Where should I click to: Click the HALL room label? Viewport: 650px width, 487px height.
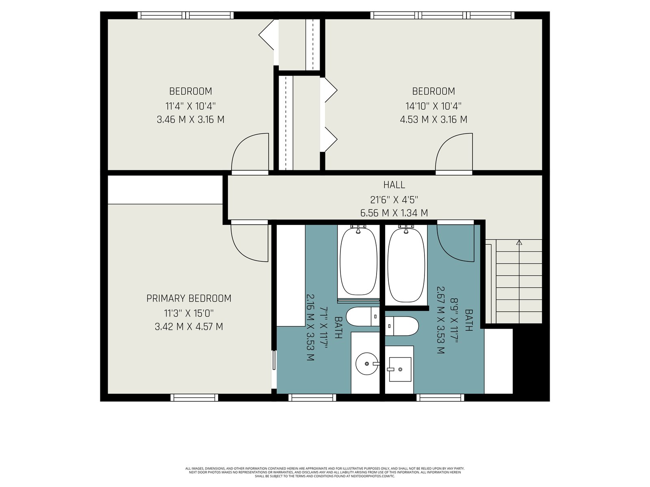coord(394,185)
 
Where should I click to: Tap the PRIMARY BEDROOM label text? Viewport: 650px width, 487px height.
coord(189,298)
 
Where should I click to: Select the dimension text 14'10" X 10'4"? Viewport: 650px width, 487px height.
coord(433,106)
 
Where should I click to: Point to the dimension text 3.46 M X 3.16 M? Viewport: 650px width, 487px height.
coord(191,119)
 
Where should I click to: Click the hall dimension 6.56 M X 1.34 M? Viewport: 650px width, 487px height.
coord(394,213)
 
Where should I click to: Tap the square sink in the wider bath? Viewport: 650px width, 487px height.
coord(400,369)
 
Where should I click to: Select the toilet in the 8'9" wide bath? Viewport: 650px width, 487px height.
coord(402,326)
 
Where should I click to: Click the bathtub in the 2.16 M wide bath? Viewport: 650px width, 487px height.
coord(358,261)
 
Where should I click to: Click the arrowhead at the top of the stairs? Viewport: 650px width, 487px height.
coord(519,242)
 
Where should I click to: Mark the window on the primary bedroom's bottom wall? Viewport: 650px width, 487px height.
coord(194,398)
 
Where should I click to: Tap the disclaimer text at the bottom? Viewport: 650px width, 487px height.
coord(325,472)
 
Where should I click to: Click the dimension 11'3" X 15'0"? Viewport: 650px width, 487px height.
coord(189,312)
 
